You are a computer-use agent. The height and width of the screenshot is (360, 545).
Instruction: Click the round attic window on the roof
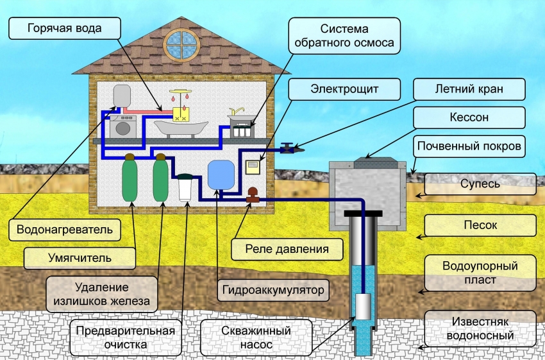pyautogui.click(x=181, y=42)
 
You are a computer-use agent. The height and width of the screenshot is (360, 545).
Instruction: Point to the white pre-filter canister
pyautogui.click(x=187, y=187)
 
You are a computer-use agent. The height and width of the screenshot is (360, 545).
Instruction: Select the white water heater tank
pyautogui.click(x=122, y=96)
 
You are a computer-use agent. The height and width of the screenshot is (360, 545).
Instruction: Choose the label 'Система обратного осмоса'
pyautogui.click(x=344, y=36)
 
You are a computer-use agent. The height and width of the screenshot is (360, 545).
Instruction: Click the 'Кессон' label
pyautogui.click(x=469, y=117)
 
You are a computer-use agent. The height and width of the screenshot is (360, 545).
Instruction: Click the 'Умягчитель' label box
pyautogui.click(x=80, y=258)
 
